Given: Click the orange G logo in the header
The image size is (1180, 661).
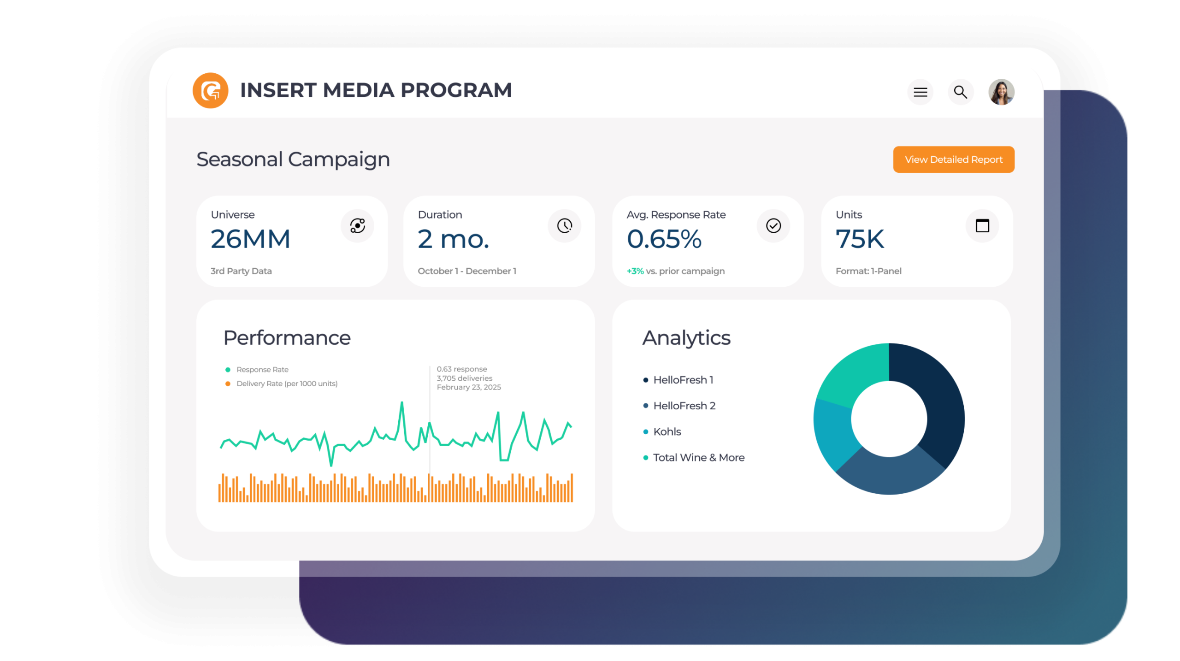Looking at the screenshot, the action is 210,90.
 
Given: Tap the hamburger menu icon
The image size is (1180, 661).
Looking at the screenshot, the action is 920,92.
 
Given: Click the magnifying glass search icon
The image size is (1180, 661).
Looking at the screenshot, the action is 960,92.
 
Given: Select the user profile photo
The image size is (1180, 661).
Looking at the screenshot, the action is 1001,92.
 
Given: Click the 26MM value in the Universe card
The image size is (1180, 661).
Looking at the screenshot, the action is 250,239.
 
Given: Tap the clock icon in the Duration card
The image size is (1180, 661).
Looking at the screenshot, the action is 564,226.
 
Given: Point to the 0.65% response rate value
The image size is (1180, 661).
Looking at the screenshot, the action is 664,239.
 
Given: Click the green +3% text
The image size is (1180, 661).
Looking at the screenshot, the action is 635,271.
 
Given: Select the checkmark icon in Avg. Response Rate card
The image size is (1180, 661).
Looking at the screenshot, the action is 773,226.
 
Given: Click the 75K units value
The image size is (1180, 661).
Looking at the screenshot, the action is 860,239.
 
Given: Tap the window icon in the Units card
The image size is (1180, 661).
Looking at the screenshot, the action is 982,226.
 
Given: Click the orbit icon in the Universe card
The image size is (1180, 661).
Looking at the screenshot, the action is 357,226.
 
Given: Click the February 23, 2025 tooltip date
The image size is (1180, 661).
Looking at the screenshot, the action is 469,387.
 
